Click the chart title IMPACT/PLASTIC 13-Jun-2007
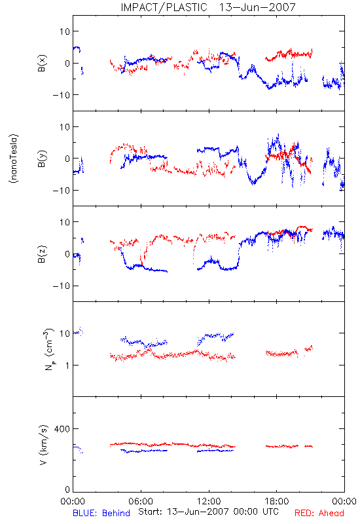click(208, 7)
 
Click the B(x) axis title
click(42, 63)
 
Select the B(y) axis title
click(42, 159)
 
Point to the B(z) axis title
click(42, 254)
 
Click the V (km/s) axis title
click(43, 445)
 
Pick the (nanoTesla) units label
click(14, 159)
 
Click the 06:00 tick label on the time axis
click(141, 501)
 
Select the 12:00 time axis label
click(209, 501)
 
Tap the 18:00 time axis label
click(277, 501)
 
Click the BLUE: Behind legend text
click(101, 514)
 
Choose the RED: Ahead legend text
click(319, 514)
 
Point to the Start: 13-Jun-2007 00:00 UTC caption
click(208, 512)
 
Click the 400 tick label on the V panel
click(62, 429)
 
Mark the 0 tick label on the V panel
click(67, 490)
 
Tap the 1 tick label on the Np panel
click(67, 365)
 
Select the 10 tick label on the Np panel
click(65, 333)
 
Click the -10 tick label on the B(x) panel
click(62, 95)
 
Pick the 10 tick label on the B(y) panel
click(65, 127)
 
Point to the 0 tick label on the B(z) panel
click(67, 254)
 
